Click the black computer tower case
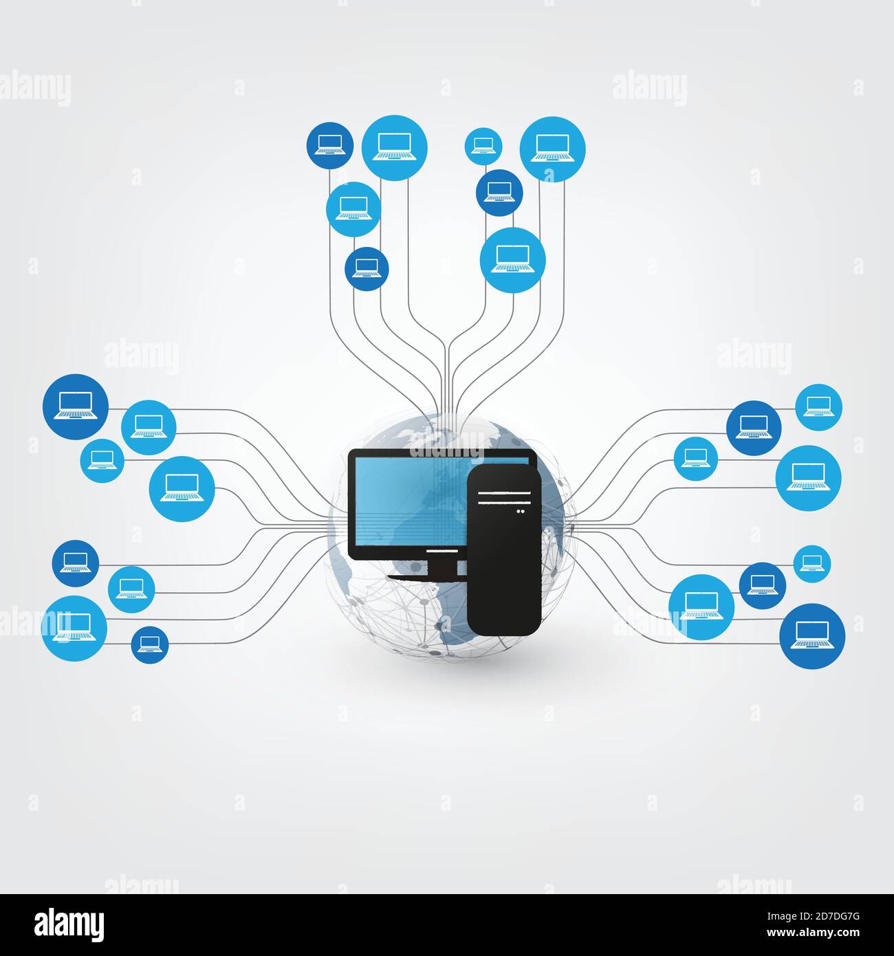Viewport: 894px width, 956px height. click(x=503, y=571)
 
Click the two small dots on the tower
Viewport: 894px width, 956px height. click(x=520, y=511)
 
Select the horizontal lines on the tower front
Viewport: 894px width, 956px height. click(x=505, y=493)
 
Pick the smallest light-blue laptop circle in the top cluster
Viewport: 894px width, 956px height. click(x=483, y=146)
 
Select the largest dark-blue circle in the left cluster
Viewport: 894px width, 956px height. click(x=76, y=407)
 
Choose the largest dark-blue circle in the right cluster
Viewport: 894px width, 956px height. click(x=811, y=635)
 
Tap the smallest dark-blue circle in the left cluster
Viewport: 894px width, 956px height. click(x=150, y=644)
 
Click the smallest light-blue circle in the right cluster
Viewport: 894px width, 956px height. click(x=811, y=564)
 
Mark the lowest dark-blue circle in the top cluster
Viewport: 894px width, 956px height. click(x=367, y=269)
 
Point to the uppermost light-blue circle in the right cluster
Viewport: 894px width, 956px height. click(x=818, y=407)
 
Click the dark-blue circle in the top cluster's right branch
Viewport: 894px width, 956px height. click(x=499, y=193)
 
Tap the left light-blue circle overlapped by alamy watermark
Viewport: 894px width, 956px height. click(x=74, y=628)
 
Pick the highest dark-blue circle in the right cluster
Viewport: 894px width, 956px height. click(x=754, y=428)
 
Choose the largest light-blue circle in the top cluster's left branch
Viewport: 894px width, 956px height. click(x=395, y=148)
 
